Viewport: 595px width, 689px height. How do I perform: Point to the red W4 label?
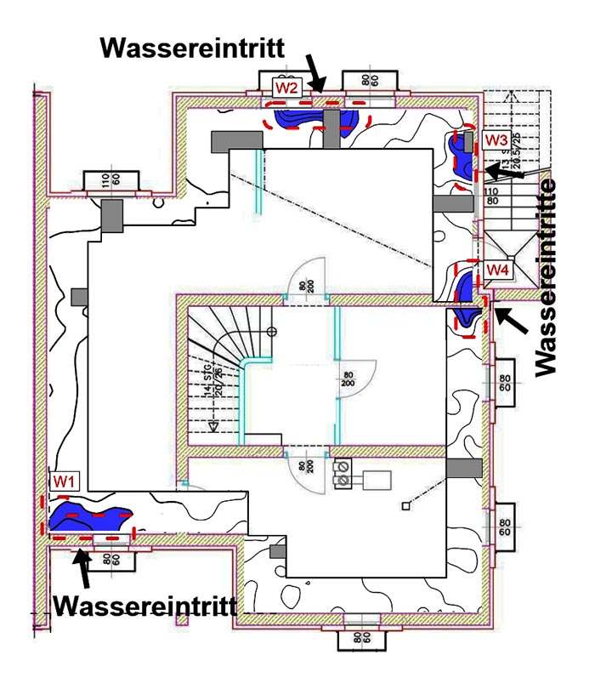pyautogui.click(x=497, y=270)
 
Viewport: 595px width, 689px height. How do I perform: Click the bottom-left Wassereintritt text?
pyautogui.click(x=144, y=606)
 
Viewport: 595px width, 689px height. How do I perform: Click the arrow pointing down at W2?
pyautogui.click(x=315, y=77)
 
